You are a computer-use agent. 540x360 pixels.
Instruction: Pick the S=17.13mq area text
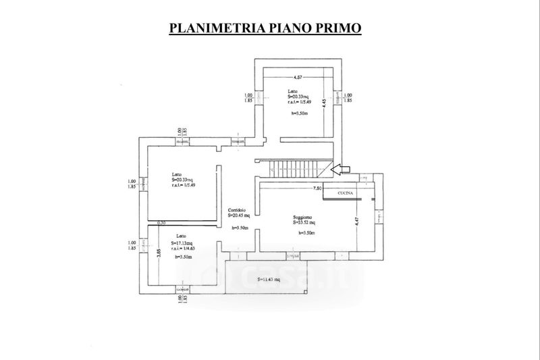[x=182, y=243]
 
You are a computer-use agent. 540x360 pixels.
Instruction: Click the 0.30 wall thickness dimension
[x=161, y=223]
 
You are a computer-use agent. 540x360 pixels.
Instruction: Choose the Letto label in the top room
[x=292, y=91]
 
